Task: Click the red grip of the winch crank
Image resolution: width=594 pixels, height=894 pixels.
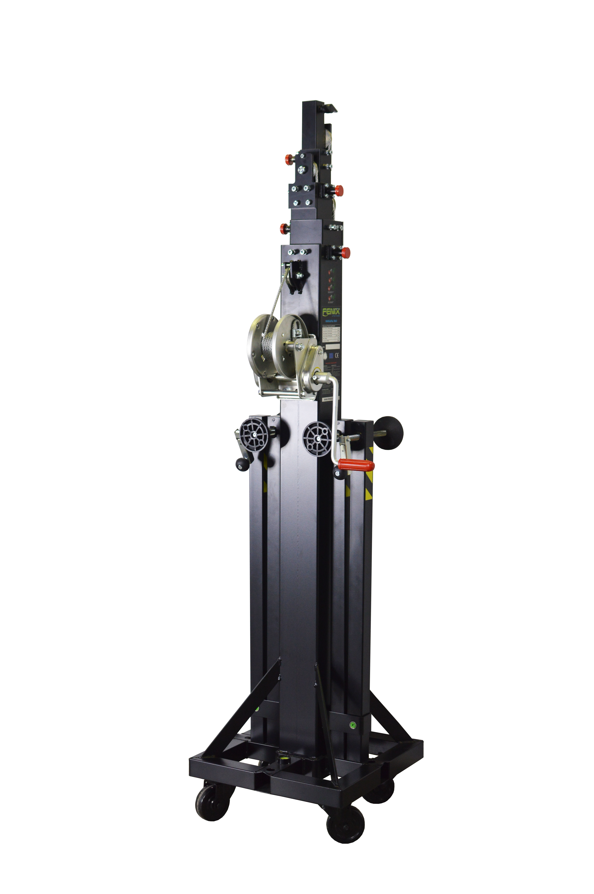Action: coord(355,465)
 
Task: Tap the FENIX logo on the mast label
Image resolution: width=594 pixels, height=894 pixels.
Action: coord(331,312)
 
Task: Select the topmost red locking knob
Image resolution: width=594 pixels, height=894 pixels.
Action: coord(289,159)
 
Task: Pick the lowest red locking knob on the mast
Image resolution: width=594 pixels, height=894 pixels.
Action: coord(346,252)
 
